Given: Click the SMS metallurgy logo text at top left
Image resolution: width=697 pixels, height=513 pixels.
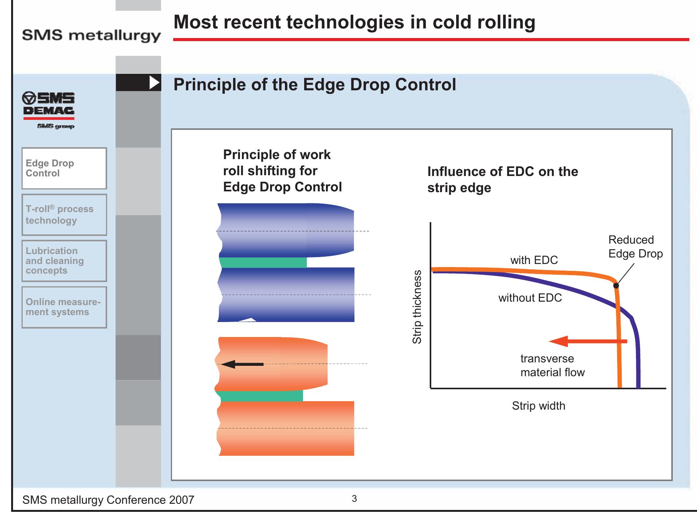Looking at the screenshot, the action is [x=91, y=35].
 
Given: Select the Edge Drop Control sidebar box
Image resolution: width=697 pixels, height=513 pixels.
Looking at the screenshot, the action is [x=64, y=168].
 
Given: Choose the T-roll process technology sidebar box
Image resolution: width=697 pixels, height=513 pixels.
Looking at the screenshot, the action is [x=64, y=215].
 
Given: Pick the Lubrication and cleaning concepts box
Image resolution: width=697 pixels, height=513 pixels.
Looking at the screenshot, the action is [x=64, y=261].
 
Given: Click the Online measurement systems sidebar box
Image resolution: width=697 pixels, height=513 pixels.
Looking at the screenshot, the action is [x=64, y=307].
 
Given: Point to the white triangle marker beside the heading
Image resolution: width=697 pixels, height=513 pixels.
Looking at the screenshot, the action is [x=154, y=83].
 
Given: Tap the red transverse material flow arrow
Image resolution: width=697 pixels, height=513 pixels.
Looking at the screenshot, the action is [x=588, y=341].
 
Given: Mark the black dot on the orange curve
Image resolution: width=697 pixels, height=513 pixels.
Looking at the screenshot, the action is [x=616, y=286].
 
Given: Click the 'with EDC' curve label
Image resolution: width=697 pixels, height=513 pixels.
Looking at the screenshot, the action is [x=534, y=260].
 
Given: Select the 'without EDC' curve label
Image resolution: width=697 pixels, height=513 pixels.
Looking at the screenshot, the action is [x=530, y=298].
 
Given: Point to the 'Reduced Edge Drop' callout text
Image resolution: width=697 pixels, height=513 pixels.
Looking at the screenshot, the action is [x=636, y=247].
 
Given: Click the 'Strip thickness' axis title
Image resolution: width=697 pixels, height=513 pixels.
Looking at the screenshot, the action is [x=417, y=307].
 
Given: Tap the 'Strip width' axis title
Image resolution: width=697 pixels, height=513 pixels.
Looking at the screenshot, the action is [x=538, y=406].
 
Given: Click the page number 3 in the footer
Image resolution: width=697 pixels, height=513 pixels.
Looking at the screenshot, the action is [x=354, y=499].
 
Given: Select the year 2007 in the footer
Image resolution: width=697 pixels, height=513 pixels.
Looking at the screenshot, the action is [x=182, y=500].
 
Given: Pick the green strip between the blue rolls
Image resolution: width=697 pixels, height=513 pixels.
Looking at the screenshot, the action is [x=263, y=262].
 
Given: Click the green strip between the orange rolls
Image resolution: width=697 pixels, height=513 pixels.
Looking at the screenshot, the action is [x=261, y=396].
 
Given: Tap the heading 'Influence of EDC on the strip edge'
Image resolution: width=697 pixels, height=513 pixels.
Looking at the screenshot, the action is [x=503, y=179].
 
